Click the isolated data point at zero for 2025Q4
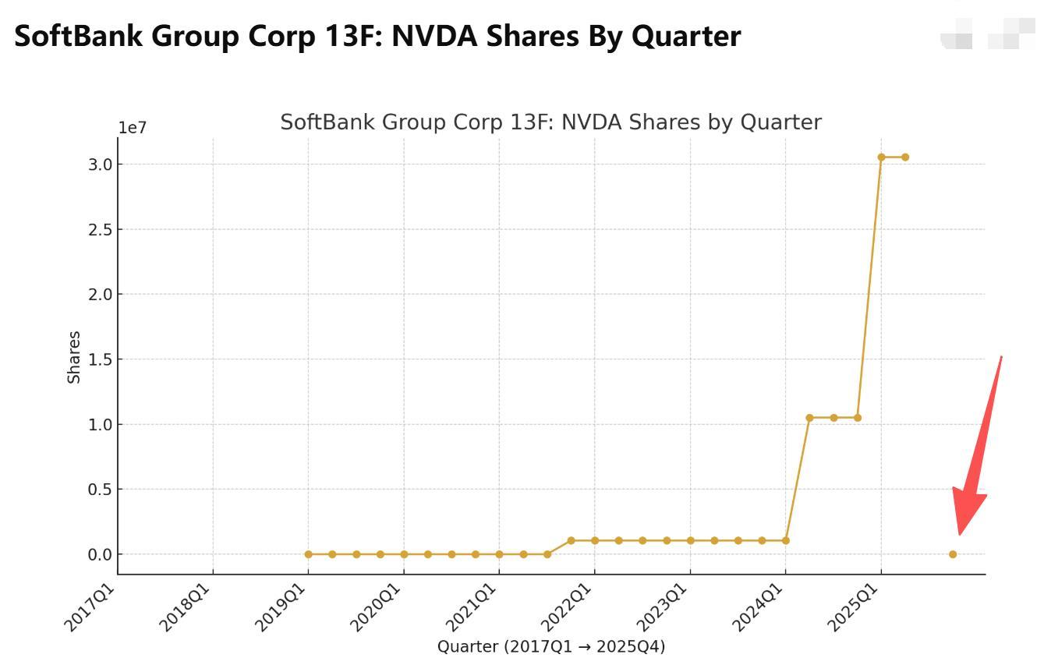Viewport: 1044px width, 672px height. click(953, 554)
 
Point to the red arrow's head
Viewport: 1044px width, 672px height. click(967, 511)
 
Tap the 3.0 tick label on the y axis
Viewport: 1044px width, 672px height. click(101, 164)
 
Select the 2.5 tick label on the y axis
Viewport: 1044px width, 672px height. click(101, 229)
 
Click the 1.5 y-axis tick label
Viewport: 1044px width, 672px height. click(101, 359)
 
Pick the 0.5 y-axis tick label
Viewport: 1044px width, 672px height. click(101, 490)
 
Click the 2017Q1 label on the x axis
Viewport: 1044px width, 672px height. click(90, 608)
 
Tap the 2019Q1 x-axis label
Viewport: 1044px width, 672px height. click(281, 608)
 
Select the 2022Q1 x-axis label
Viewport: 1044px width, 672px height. click(567, 608)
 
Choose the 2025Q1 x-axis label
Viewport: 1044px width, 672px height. click(854, 608)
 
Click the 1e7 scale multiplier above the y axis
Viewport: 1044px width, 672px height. click(133, 128)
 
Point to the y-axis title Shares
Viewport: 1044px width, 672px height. click(74, 357)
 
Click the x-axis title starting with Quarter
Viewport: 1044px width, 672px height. click(551, 646)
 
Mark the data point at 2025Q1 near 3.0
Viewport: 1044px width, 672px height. click(881, 157)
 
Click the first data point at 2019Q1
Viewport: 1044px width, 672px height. click(308, 554)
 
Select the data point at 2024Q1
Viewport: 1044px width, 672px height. click(786, 540)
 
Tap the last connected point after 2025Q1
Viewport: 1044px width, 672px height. click(905, 157)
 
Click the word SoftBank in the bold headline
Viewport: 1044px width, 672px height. click(78, 36)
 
